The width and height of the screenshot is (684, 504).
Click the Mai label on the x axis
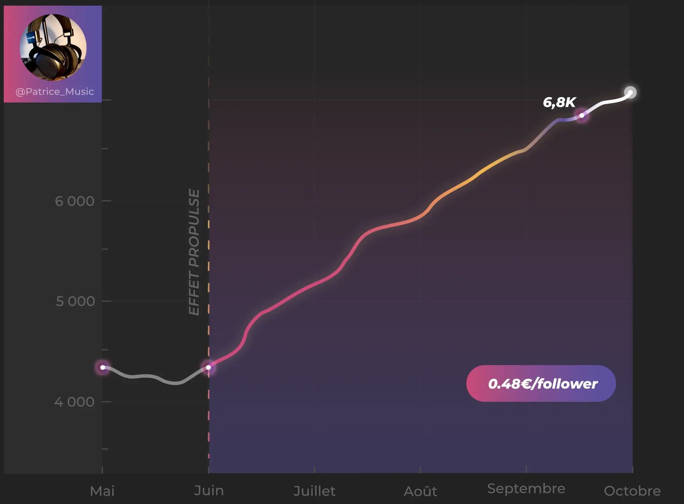coord(102,491)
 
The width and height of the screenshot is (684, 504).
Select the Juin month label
coord(209,491)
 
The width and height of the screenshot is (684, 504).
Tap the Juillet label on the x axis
coord(314,491)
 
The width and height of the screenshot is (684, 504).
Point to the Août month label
coord(420,491)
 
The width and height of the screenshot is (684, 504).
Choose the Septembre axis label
coord(526,489)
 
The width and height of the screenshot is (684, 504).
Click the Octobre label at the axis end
coord(632,491)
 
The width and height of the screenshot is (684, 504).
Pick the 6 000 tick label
coord(75,201)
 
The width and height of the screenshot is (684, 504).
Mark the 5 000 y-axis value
coord(75,301)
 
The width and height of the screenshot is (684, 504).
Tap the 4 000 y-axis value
coord(74,402)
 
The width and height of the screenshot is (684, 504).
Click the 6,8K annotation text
coord(559,102)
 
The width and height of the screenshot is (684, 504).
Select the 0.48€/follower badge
coord(541,384)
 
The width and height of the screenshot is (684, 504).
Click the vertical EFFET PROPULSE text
coord(194,252)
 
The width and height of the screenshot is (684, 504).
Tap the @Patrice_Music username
coord(54,91)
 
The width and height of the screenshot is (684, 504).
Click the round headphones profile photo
coord(53,47)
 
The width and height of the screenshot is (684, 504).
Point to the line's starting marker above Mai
coord(103,367)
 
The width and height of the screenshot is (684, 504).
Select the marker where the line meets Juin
coord(208,367)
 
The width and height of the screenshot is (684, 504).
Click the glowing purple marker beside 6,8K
coord(582,115)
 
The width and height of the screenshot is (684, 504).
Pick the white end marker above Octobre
coord(630,92)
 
